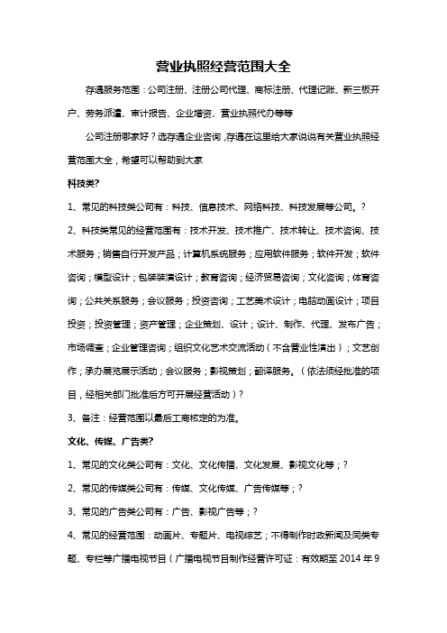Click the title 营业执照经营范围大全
coord(223,66)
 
